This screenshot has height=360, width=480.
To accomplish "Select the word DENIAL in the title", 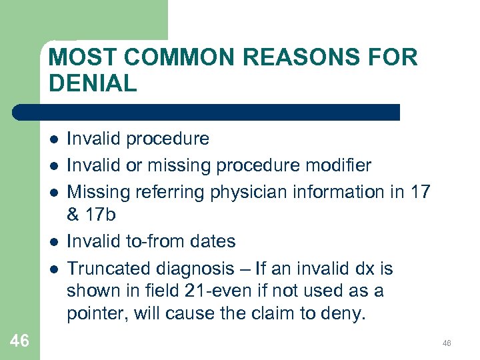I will [x=93, y=83].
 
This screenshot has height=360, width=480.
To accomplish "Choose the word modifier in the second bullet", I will [x=333, y=165].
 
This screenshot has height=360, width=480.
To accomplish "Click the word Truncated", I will [x=109, y=268].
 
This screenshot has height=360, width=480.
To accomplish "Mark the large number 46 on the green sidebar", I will [x=20, y=341].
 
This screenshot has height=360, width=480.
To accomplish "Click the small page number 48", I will [x=447, y=343].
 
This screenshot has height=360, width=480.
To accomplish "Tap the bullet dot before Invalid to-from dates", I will [x=53, y=241].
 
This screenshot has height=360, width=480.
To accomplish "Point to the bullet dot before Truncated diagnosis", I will [x=53, y=269].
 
